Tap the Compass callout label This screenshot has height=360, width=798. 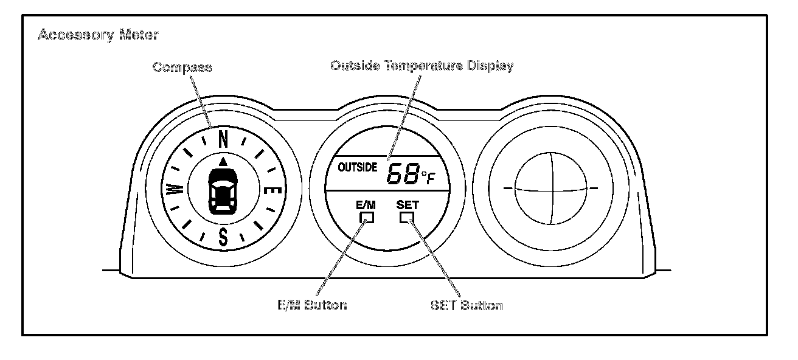tap(182, 67)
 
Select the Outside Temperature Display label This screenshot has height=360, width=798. tap(422, 66)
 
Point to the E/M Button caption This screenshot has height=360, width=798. tap(311, 305)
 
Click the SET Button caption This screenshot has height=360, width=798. tap(467, 305)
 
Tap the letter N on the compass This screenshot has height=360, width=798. tap(223, 140)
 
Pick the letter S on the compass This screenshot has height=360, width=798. tap(223, 237)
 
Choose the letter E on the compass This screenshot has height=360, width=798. tap(274, 190)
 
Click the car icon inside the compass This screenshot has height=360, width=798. tap(223, 191)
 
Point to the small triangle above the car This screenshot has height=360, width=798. tap(223, 161)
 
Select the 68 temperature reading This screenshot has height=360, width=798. tap(403, 175)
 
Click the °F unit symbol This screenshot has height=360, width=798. tap(428, 177)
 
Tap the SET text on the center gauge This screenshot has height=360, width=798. tap(407, 205)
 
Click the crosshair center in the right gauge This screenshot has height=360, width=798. tap(550, 189)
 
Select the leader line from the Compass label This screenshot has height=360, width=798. tap(203, 101)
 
